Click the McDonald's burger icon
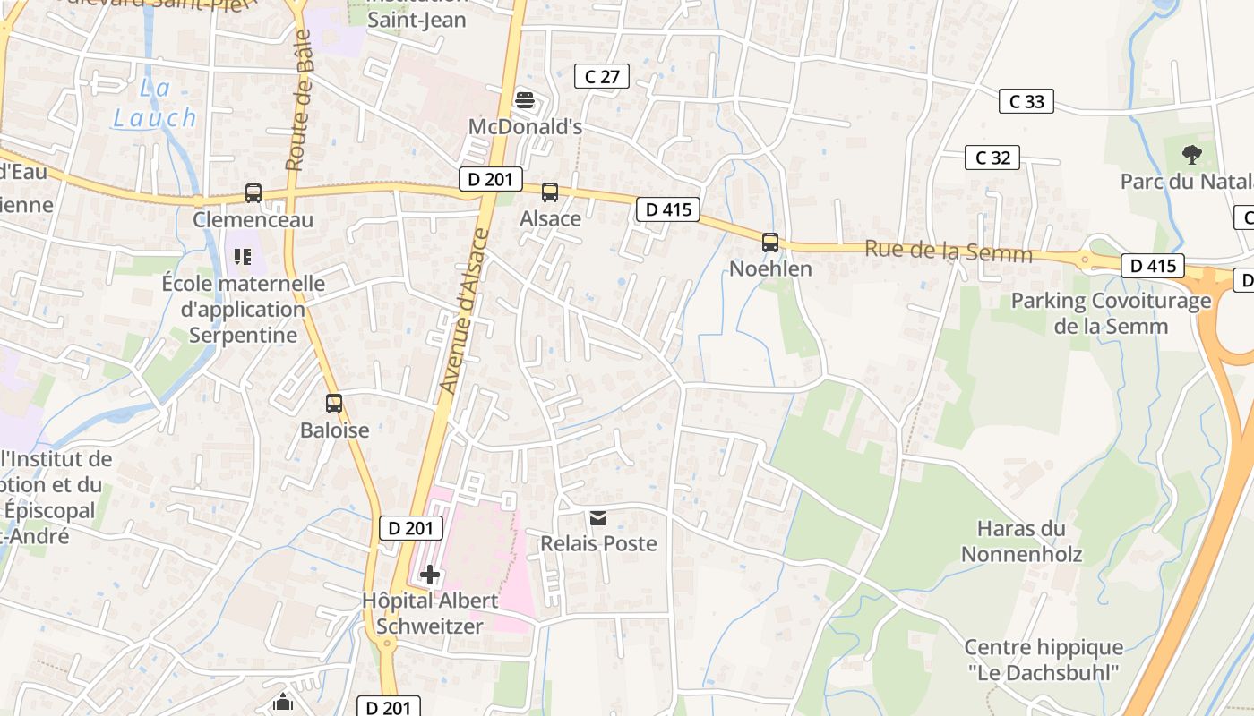(x=525, y=100)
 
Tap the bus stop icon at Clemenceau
(x=253, y=192)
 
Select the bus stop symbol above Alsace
(x=550, y=192)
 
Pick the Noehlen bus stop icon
(x=770, y=242)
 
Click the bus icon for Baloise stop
(x=334, y=404)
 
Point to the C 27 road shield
(x=602, y=77)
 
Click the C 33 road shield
(x=1026, y=101)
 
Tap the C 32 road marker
(x=992, y=158)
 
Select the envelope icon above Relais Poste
(x=598, y=517)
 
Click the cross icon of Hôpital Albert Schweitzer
(x=430, y=575)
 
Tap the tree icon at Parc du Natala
(x=1191, y=155)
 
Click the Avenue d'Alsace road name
(x=465, y=311)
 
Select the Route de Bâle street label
(x=299, y=99)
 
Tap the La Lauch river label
(x=155, y=103)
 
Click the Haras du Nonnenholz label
(x=1021, y=541)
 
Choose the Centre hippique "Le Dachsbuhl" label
(x=1044, y=660)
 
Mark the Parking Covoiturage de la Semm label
(x=1111, y=313)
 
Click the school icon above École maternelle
(x=242, y=258)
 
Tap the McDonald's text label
(x=526, y=127)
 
